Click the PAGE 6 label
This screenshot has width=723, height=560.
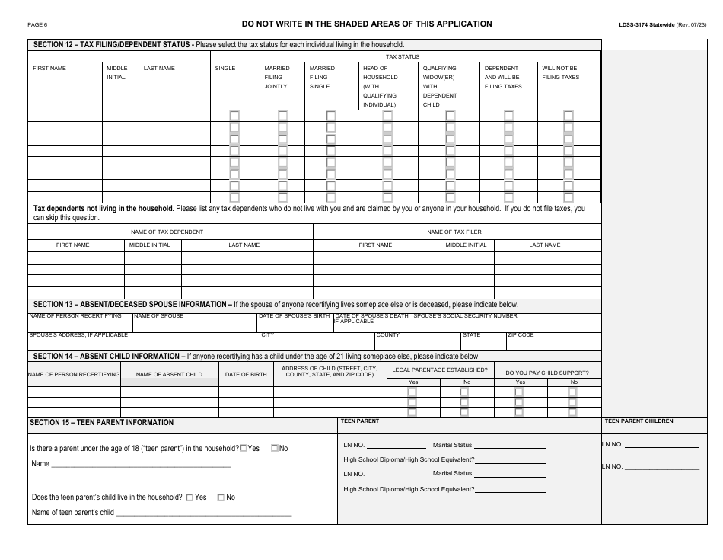tap(37, 25)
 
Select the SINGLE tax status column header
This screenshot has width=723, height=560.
tap(225, 69)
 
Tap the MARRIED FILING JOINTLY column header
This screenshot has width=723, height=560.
tap(276, 77)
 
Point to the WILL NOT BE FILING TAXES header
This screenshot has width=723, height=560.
tap(560, 72)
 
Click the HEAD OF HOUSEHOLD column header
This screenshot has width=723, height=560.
tap(380, 86)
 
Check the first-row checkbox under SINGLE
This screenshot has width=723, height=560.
tap(234, 116)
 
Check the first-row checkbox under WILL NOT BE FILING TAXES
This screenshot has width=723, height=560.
tap(568, 116)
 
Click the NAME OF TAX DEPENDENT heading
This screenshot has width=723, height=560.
tap(167, 232)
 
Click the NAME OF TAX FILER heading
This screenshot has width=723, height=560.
tap(454, 232)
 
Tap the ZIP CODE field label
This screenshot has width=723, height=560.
tap(521, 335)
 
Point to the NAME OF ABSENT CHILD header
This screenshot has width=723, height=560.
tap(169, 374)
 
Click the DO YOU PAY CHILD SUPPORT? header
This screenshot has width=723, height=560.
tap(546, 373)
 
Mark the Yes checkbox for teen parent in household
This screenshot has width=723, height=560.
tap(244, 449)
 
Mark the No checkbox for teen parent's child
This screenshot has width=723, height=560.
tap(221, 498)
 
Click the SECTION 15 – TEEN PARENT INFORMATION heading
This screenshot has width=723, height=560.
tap(101, 422)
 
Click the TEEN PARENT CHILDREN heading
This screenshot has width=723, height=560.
tap(639, 421)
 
